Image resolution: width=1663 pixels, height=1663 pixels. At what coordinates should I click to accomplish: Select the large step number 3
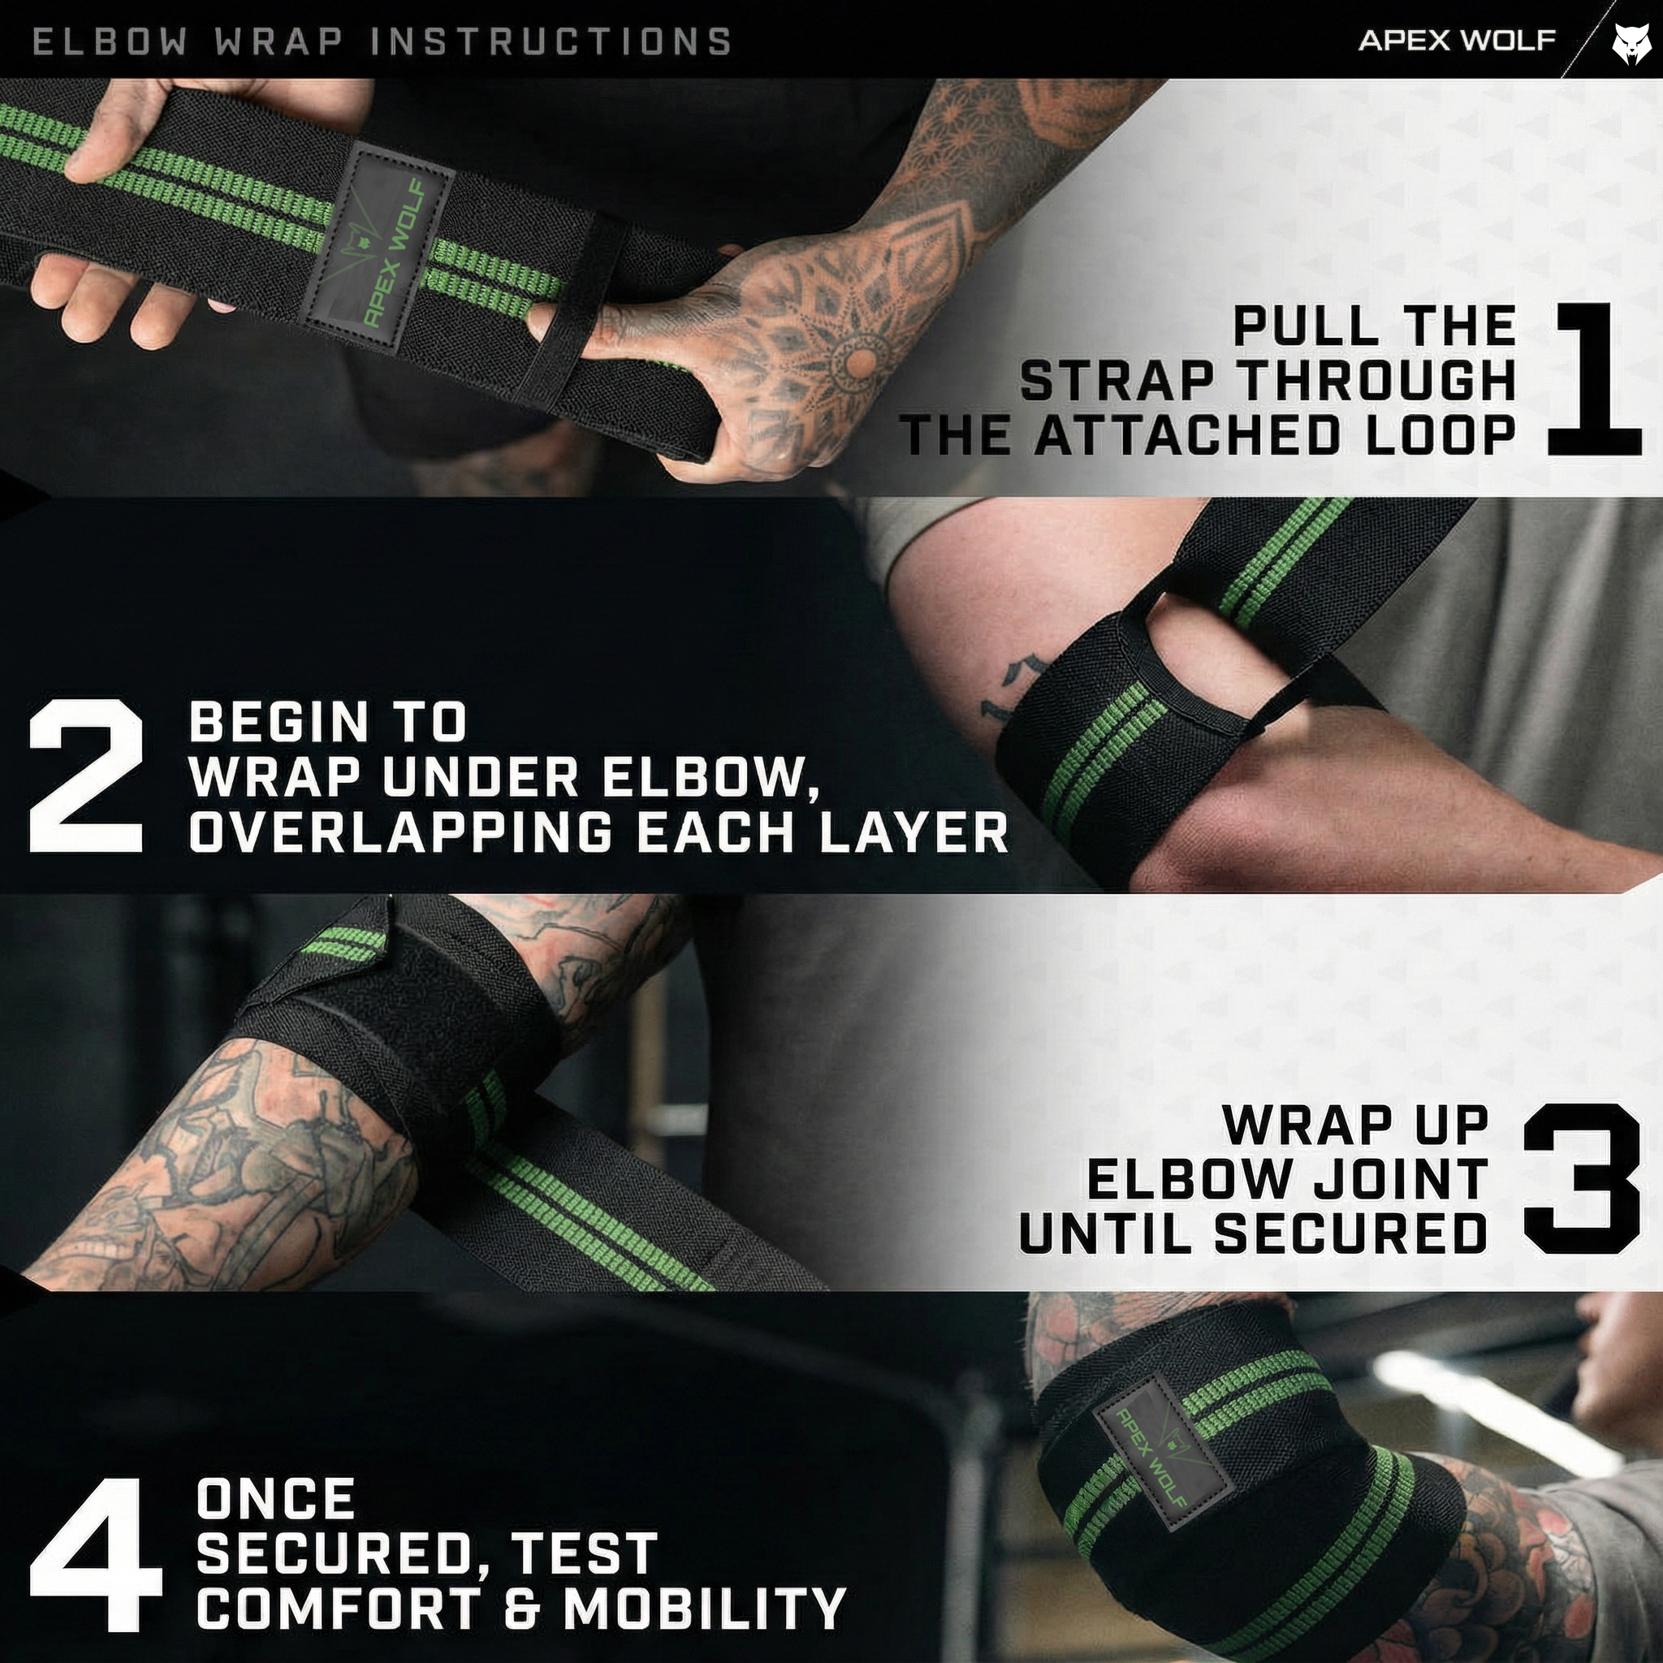[x=1582, y=1177]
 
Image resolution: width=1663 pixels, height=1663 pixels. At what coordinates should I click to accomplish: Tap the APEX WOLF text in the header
[x=1457, y=41]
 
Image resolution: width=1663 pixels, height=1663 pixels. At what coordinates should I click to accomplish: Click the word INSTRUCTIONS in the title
[x=551, y=41]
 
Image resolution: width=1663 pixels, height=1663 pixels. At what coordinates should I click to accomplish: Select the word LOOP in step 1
[x=1437, y=434]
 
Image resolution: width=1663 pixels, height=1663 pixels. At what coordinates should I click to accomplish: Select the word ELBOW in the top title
[x=109, y=41]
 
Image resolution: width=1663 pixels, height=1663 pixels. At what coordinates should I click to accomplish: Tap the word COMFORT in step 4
[x=344, y=1608]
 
